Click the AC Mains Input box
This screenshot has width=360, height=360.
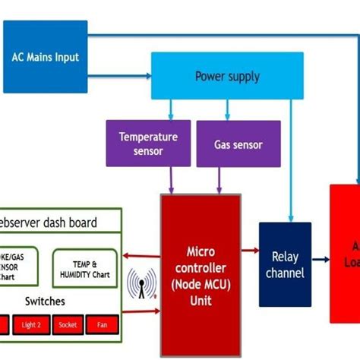pyautogui.click(x=45, y=57)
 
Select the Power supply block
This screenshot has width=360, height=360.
pyautogui.click(x=227, y=76)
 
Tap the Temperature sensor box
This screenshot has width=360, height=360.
pyautogui.click(x=148, y=143)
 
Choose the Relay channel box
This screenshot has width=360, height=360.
pyautogui.click(x=285, y=264)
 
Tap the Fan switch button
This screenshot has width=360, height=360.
pyautogui.click(x=102, y=324)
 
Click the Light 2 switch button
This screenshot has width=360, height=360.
pyautogui.click(x=31, y=324)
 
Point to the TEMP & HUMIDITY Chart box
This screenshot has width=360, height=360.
pyautogui.click(x=85, y=267)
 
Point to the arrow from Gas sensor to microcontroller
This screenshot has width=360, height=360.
pyautogui.click(x=219, y=180)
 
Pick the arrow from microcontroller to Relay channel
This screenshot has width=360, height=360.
pyautogui.click(x=250, y=250)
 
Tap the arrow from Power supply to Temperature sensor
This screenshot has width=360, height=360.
pyautogui.click(x=171, y=109)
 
